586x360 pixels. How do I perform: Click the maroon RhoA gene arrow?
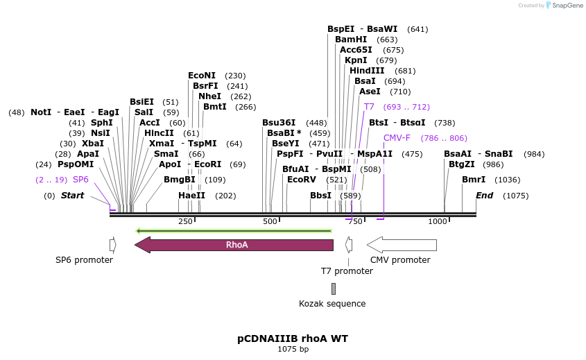236,245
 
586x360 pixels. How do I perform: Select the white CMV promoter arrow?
402,245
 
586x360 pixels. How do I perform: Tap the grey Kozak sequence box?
333,289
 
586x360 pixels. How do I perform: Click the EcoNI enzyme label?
202,76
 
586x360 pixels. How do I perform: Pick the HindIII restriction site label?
367,71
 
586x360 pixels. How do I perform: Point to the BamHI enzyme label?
351,40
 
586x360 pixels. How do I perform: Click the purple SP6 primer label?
80,180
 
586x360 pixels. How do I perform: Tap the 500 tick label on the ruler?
270,221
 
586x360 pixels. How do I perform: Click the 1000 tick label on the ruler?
438,221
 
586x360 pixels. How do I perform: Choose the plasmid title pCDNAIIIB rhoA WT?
293,338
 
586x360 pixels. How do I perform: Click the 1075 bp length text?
293,349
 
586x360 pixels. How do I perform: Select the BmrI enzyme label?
474,180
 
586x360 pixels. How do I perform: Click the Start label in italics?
72,196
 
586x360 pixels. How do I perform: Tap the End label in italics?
484,196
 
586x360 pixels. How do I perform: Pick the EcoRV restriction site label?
302,180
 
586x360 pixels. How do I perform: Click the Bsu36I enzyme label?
279,123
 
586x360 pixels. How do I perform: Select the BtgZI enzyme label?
462,164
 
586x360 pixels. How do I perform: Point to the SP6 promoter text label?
84,260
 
